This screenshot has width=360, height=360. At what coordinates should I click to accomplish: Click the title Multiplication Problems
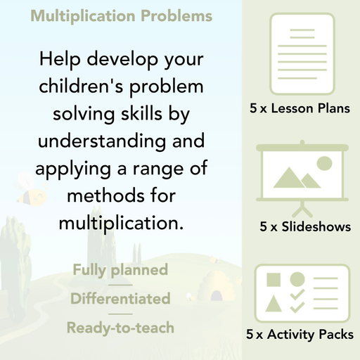(x=120, y=16)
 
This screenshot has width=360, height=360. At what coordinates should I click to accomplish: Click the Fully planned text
(x=120, y=269)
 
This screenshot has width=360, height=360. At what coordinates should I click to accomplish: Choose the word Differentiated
(x=120, y=298)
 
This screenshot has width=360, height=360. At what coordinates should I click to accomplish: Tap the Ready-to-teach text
(x=120, y=327)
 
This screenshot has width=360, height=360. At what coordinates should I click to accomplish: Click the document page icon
(x=300, y=53)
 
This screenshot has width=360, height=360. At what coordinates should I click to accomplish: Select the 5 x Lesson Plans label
(x=300, y=109)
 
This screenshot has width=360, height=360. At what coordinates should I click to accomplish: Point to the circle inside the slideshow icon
(x=324, y=164)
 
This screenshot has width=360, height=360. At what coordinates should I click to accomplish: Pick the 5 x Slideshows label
(x=305, y=227)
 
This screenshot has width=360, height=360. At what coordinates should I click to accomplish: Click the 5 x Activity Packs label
(x=300, y=335)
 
